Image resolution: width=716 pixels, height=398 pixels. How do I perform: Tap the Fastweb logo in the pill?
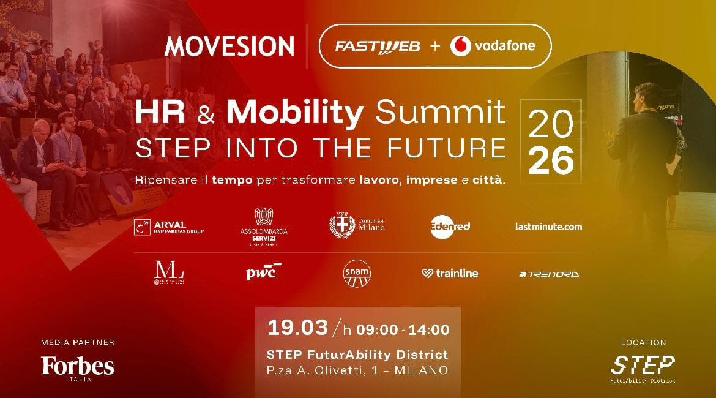[376, 47]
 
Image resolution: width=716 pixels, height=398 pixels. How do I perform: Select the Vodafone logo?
[493, 46]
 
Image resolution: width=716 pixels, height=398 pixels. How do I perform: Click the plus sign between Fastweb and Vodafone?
[434, 47]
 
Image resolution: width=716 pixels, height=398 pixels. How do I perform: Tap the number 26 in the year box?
[551, 160]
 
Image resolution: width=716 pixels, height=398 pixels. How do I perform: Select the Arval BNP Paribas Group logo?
[168, 227]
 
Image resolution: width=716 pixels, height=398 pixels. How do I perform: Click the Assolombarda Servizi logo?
[264, 227]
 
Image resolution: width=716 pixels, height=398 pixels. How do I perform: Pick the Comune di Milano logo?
[357, 226]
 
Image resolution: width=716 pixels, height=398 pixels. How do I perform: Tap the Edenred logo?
[450, 226]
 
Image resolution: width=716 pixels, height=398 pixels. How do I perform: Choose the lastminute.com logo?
[548, 227]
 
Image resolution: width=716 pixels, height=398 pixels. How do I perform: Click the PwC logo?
[264, 272]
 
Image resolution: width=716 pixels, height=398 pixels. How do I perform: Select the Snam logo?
[357, 272]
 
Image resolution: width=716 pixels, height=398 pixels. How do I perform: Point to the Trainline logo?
[450, 274]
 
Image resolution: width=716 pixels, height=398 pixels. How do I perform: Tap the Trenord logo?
[548, 274]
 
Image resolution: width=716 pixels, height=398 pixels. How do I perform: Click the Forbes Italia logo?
[78, 367]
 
